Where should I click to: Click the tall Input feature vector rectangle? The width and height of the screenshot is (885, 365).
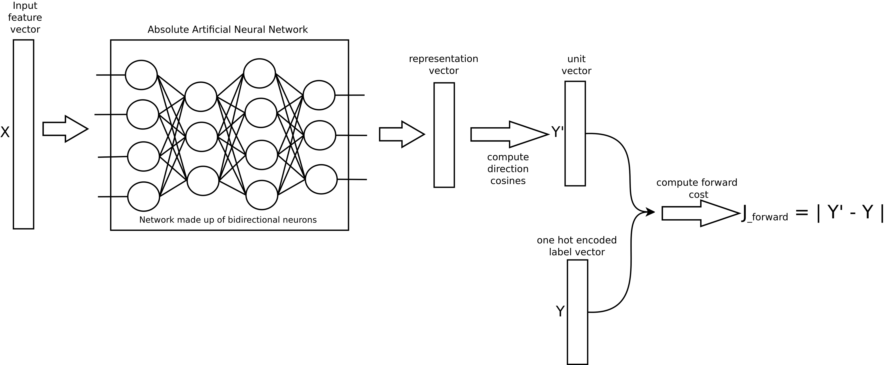(x=23, y=134)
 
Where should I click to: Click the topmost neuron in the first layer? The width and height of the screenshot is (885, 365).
(x=141, y=75)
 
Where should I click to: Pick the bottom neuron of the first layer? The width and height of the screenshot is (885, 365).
(x=144, y=196)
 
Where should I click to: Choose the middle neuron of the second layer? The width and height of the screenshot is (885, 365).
(x=202, y=137)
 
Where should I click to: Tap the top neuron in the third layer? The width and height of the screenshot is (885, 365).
(x=259, y=73)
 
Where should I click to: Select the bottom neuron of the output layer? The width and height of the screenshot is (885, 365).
(x=321, y=179)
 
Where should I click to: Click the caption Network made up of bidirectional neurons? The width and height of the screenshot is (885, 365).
(x=228, y=220)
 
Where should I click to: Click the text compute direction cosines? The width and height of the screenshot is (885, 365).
(x=508, y=169)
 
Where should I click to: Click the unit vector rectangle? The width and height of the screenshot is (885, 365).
(x=575, y=134)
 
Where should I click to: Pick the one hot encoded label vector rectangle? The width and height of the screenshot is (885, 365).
(x=577, y=312)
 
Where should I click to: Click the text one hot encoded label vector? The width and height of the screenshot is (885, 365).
(x=577, y=246)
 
